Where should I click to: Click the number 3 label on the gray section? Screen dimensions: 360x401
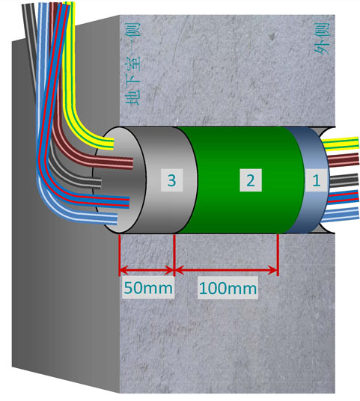click(x=171, y=180)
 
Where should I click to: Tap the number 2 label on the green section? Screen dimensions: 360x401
click(x=251, y=180)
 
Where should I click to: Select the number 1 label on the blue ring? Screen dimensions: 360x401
click(x=317, y=180)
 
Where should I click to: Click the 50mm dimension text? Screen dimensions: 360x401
click(x=148, y=288)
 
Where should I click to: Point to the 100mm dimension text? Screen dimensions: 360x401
click(x=228, y=288)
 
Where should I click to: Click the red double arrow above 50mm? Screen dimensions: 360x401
click(x=147, y=270)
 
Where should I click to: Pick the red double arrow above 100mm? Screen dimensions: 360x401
click(x=226, y=270)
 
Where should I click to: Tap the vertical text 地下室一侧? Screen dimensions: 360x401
click(x=132, y=64)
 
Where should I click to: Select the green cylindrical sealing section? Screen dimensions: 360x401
click(x=240, y=180)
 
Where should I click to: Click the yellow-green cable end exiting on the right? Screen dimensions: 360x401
click(x=341, y=144)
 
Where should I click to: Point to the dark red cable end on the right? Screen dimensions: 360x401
click(x=344, y=160)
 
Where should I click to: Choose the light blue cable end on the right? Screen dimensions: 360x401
click(x=341, y=214)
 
